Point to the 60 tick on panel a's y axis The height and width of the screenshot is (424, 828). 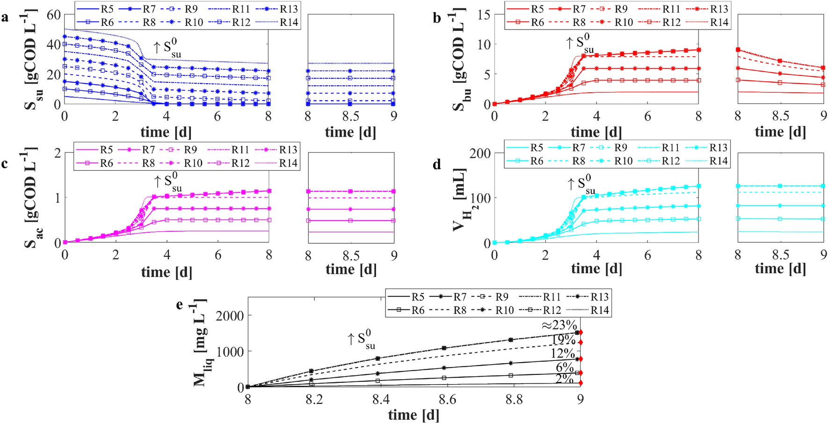click(54, 15)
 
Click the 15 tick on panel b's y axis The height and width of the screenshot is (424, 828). click(484, 15)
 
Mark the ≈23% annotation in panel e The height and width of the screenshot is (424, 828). click(559, 325)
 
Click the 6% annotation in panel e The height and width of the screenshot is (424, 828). click(565, 367)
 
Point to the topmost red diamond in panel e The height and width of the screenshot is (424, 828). click(581, 332)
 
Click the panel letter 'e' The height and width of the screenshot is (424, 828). click(179, 304)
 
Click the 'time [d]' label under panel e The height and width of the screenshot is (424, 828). click(414, 415)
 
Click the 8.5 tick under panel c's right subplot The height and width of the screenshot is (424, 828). click(351, 256)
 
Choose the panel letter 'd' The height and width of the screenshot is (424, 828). click(437, 164)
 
